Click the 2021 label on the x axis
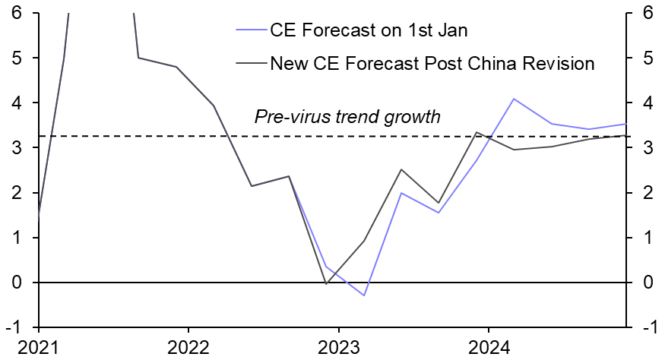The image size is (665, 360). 38,348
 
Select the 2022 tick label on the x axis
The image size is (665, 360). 188,348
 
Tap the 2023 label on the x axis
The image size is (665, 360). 338,348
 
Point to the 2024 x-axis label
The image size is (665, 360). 488,348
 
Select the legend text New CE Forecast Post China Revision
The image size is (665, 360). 432,64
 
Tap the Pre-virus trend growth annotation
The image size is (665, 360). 347,117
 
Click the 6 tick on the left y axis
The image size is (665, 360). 16,13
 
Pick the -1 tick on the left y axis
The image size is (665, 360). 14,327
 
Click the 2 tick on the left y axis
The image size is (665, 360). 16,193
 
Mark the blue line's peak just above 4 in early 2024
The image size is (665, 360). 515,99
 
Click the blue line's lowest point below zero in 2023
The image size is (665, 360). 364,295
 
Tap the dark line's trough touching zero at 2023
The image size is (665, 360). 327,284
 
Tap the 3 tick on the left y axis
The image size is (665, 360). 16,147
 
